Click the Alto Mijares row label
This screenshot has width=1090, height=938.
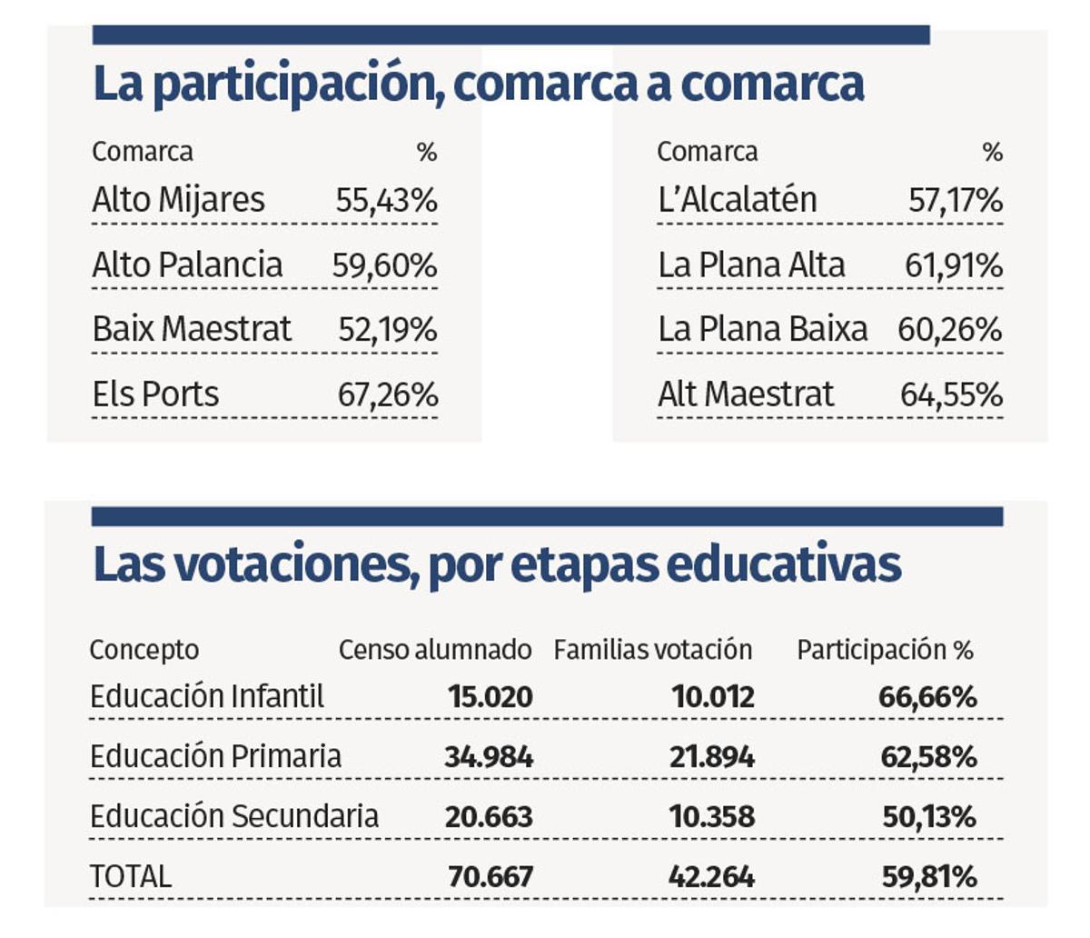(178, 200)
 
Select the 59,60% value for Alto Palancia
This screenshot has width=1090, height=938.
(384, 265)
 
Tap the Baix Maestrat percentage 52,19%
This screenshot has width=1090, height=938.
(388, 330)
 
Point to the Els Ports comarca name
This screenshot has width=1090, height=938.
(155, 394)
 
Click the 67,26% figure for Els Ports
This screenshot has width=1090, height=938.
(388, 394)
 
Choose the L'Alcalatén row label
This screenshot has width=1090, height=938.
(737, 200)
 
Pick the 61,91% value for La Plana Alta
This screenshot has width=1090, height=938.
(954, 265)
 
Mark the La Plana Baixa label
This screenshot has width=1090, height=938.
(762, 330)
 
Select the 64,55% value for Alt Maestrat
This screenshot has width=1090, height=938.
(951, 394)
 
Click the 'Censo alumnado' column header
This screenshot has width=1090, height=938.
(435, 650)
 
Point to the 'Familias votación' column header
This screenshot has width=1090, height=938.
(653, 650)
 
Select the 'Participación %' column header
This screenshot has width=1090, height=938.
(885, 650)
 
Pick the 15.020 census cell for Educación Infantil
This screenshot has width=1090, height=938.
(490, 697)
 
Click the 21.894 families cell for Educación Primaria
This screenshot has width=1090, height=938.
(712, 757)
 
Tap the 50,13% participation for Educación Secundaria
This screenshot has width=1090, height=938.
(929, 816)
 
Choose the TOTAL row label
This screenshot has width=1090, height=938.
(130, 876)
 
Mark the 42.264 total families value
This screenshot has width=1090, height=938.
(711, 876)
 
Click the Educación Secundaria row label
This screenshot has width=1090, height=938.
(233, 816)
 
